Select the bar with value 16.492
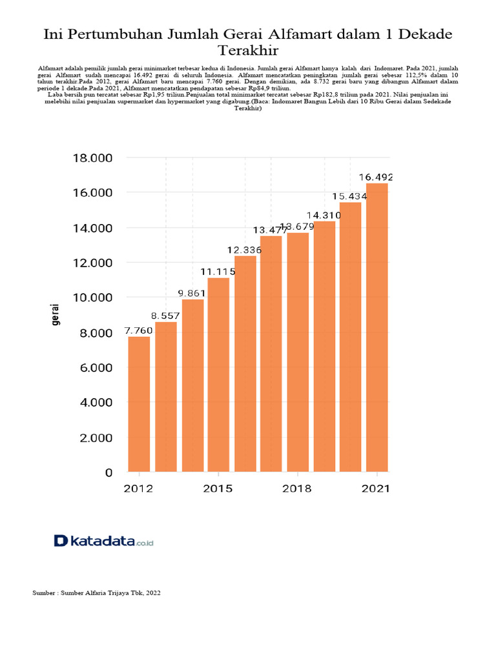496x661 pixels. [x=377, y=327]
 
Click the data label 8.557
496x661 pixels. [x=165, y=316]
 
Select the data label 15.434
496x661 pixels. [x=349, y=196]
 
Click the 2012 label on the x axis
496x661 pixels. [x=138, y=489]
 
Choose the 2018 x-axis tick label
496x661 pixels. [x=297, y=489]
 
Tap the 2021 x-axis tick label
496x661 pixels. [x=376, y=489]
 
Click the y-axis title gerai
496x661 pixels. [x=56, y=314]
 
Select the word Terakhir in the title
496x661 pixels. [x=248, y=50]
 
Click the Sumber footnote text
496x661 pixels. [x=96, y=593]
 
